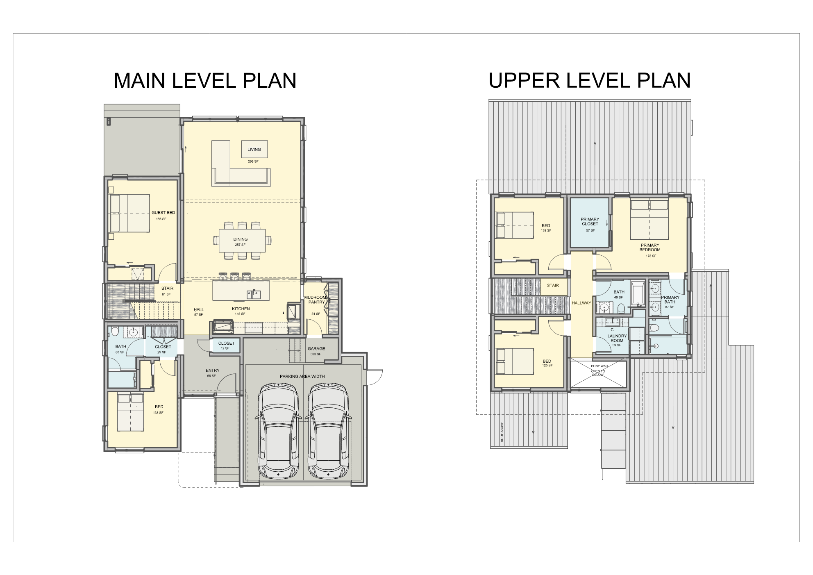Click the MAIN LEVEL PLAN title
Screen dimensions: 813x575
coord(205,80)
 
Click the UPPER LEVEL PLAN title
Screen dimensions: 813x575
coord(590,80)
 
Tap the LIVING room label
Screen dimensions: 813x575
coord(254,150)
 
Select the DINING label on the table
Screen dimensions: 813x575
coord(241,239)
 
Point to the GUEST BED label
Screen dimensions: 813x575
coord(163,213)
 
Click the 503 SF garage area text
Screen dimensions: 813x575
coord(316,354)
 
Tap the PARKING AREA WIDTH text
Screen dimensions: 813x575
coord(302,376)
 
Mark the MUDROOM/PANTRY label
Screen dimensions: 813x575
coord(316,300)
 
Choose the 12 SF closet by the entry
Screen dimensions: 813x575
coord(225,348)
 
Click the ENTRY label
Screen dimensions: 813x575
coord(213,370)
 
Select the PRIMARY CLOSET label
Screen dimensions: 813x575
coord(590,222)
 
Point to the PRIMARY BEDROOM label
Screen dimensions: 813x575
coord(650,248)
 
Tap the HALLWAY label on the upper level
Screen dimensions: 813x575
coord(581,303)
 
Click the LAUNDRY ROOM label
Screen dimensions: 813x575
coord(617,338)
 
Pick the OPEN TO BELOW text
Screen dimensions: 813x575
coord(598,373)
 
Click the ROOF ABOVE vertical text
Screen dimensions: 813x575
coord(502,432)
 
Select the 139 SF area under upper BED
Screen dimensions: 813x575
coord(546,231)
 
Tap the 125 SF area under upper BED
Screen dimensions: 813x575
coord(547,366)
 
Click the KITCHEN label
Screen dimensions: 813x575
coord(241,309)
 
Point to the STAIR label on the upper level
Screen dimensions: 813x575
coord(553,286)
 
